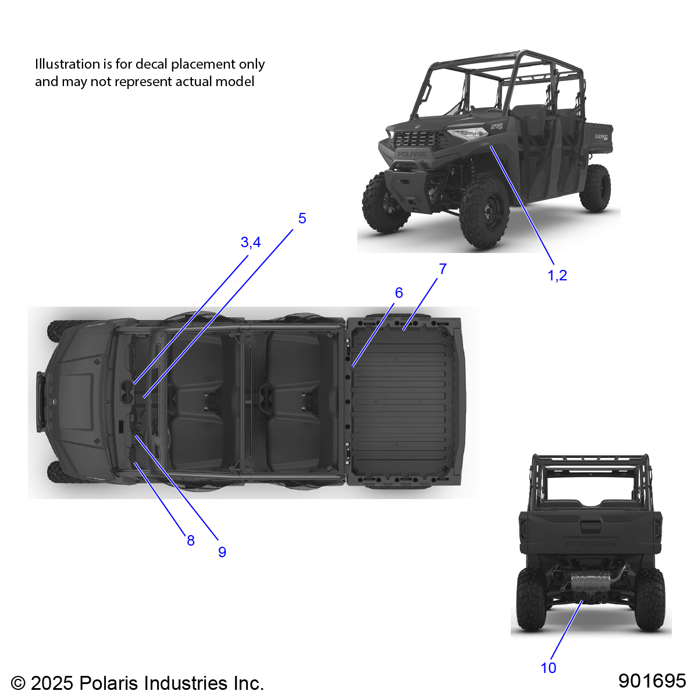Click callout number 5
[x=302, y=218]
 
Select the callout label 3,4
[x=250, y=242]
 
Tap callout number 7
[x=443, y=269]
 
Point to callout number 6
[x=398, y=293]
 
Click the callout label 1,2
[x=557, y=275]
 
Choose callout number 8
[x=191, y=540]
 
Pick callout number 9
[x=222, y=552]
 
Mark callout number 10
[x=548, y=668]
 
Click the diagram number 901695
[x=652, y=681]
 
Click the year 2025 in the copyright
[x=52, y=683]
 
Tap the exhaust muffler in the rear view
[x=590, y=582]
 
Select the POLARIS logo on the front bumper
[x=412, y=154]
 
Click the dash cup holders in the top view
[x=127, y=392]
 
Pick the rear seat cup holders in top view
[x=266, y=397]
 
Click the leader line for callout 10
[x=566, y=630]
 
